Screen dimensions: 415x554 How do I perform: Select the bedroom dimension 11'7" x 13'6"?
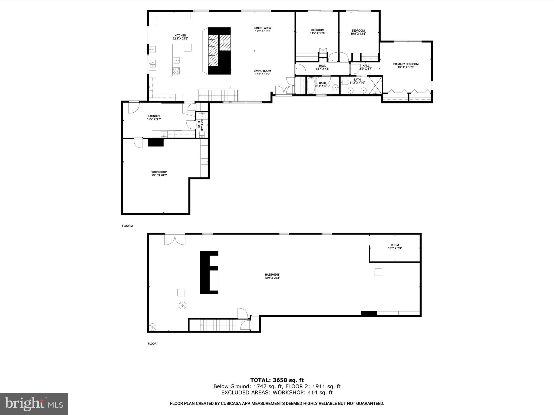pos(318,33)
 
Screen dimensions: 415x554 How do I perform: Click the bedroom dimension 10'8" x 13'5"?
pos(358,34)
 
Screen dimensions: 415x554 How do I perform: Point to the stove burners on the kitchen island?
pos(176,71)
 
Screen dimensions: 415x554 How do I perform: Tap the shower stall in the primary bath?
pos(375,85)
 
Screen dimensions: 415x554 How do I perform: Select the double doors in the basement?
pos(175,239)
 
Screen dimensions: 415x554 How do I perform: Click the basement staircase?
pos(218,324)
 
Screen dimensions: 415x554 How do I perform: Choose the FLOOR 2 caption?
pos(127,226)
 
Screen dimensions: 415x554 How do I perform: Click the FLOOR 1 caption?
pos(153,344)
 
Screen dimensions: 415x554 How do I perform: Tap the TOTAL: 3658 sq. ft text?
pos(277,380)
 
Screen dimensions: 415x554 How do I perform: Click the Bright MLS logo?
pos(34,404)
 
